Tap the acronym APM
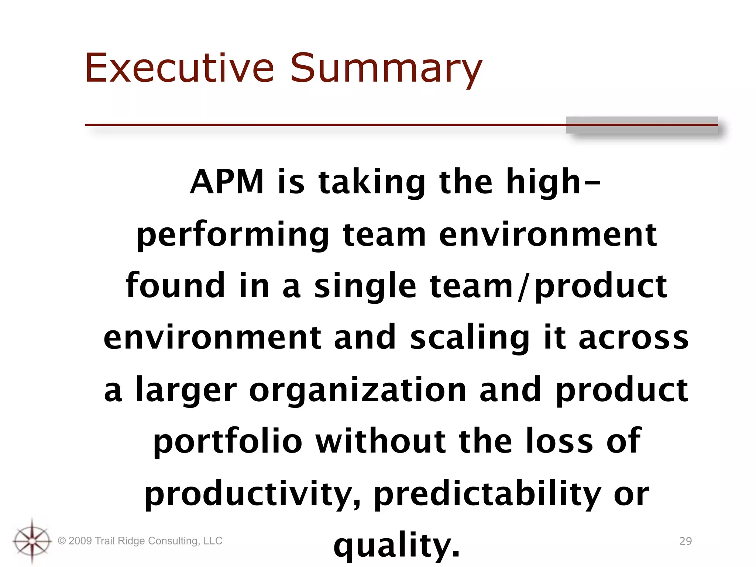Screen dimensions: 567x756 (x=227, y=182)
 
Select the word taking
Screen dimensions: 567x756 (x=372, y=183)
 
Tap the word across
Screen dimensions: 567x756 (x=633, y=338)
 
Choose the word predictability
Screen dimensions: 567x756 (x=487, y=495)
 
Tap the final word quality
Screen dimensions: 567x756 (x=397, y=546)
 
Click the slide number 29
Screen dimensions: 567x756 (x=685, y=541)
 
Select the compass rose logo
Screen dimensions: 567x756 (x=32, y=541)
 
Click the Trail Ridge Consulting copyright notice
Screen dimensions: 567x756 (x=140, y=541)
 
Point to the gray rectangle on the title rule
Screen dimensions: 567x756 (x=642, y=125)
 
